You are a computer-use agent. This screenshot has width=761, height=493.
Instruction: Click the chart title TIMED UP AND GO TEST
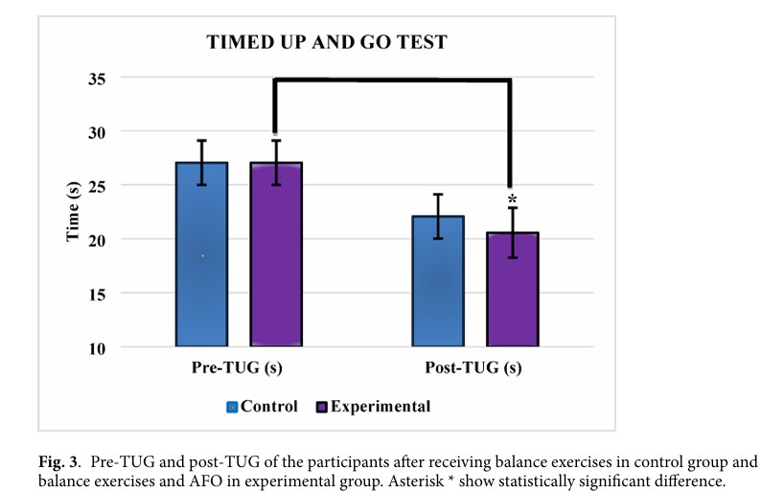point(330,43)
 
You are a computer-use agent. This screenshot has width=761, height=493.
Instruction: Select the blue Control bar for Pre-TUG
point(201,254)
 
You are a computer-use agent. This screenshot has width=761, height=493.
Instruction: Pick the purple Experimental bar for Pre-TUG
point(276,254)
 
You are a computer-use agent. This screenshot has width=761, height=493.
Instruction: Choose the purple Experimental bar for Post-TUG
point(512,289)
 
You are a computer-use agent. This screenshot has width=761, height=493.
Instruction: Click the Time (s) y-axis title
point(74,212)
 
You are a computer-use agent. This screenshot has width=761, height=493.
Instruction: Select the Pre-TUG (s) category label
point(238,368)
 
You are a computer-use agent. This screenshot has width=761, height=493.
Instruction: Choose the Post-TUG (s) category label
point(474,368)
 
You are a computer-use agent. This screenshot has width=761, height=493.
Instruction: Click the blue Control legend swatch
point(231,407)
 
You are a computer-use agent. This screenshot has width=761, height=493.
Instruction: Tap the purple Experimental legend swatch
point(322,407)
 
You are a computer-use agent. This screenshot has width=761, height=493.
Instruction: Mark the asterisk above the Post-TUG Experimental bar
point(512,199)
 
